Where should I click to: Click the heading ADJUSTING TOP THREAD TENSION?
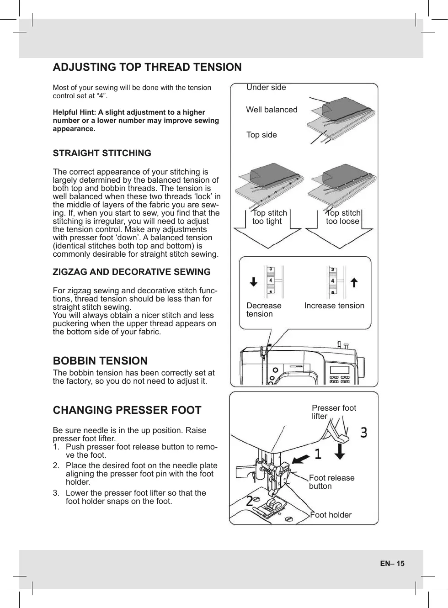coord(147,67)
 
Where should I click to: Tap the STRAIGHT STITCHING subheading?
coord(102,153)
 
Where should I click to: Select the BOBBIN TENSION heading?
coord(100,361)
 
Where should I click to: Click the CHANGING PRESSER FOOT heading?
coord(127,410)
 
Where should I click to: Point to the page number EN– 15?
coord(392,563)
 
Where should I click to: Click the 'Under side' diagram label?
coord(266,87)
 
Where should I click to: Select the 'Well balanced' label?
coord(272,110)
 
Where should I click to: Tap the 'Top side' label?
coord(261,135)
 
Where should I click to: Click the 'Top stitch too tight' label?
coord(269,217)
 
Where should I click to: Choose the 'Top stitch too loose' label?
coord(343,217)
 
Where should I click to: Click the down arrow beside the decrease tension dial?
coord(254,282)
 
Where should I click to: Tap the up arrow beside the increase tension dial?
coord(353,282)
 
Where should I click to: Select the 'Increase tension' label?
coord(334,306)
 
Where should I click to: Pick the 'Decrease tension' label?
coord(263,310)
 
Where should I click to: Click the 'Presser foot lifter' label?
coord(333,412)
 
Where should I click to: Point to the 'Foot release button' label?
coord(331,482)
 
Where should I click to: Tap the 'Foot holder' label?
coord(331,515)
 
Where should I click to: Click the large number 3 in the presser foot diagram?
coord(363,432)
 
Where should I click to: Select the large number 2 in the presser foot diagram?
coord(250,501)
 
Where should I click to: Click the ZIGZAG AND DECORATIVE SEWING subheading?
coord(132,272)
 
